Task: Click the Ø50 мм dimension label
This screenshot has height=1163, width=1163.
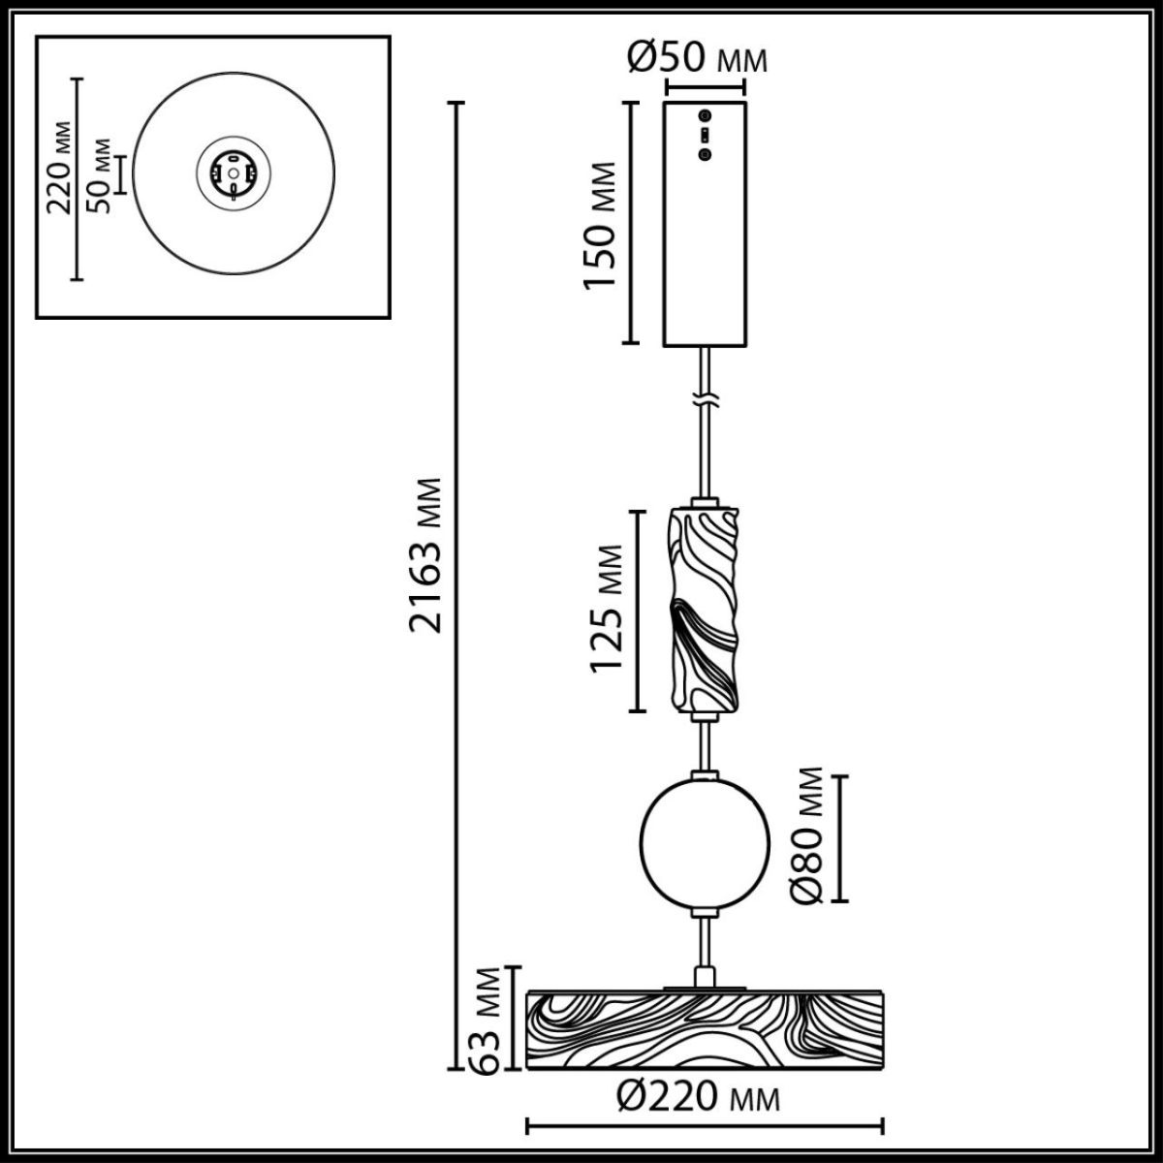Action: [697, 59]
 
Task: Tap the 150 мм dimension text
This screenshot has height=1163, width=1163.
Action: [604, 225]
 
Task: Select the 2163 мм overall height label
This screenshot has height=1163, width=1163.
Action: [426, 555]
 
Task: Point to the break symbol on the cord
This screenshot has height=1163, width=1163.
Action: [706, 398]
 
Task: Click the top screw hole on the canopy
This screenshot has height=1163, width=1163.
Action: [706, 115]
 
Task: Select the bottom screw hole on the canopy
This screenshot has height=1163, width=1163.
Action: [706, 153]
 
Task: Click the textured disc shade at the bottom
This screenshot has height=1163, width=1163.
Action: [704, 1030]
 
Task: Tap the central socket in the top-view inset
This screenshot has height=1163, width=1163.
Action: [234, 173]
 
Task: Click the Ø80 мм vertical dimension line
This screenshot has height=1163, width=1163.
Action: [840, 837]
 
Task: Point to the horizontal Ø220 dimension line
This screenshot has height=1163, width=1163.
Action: [705, 1127]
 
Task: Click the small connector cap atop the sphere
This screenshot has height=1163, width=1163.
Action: [705, 776]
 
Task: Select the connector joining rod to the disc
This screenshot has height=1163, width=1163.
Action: [705, 975]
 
